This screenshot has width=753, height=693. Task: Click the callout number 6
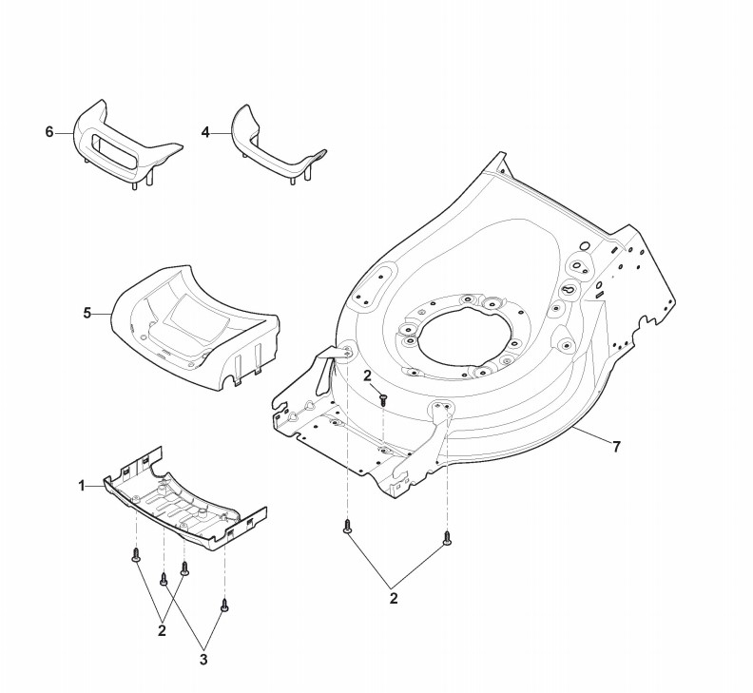point(49,132)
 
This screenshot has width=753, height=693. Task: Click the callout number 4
point(205,132)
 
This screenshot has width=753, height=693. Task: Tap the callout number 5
point(87,312)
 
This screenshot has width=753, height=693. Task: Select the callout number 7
point(616,446)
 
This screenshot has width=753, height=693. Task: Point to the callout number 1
point(82,486)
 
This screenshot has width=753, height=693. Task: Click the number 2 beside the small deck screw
point(367,377)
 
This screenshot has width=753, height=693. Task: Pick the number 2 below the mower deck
point(394,598)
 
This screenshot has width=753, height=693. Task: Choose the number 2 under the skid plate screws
point(162,629)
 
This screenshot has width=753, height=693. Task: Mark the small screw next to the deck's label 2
point(382,399)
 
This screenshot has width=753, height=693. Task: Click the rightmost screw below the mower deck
point(446,540)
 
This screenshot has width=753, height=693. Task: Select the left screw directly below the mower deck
point(347,524)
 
